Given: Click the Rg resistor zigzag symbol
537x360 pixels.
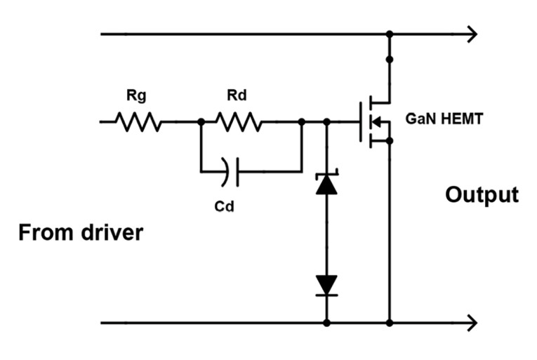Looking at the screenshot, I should click(x=139, y=122).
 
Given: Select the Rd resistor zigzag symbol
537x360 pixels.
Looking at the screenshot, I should click(x=239, y=122).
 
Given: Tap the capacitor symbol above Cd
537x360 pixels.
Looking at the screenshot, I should click(x=231, y=171).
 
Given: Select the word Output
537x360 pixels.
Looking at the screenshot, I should click(x=482, y=194).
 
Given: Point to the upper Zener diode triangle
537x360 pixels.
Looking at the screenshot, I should click(x=326, y=185).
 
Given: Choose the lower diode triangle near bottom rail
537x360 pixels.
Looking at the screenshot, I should click(x=326, y=284).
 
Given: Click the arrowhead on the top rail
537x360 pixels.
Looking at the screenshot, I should click(x=472, y=34).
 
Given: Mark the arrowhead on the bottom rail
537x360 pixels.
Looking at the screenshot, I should click(x=472, y=323).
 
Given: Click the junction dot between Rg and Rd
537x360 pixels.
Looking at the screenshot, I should click(x=201, y=122).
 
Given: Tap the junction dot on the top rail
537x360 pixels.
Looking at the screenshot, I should click(x=389, y=34).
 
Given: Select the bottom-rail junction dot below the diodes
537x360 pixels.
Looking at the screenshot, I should click(x=326, y=323).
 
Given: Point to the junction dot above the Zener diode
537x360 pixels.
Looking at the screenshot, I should click(x=326, y=122).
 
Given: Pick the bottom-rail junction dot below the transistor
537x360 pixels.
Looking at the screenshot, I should click(x=389, y=323).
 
